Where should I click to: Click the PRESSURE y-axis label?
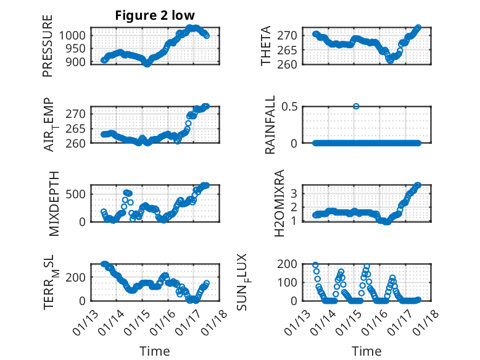(x=48, y=46)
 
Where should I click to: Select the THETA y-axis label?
(x=266, y=46)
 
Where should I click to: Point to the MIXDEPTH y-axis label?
(x=54, y=203)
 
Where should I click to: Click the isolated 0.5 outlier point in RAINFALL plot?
(x=356, y=106)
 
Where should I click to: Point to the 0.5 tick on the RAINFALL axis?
(x=292, y=106)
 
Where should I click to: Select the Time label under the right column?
(x=366, y=351)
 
